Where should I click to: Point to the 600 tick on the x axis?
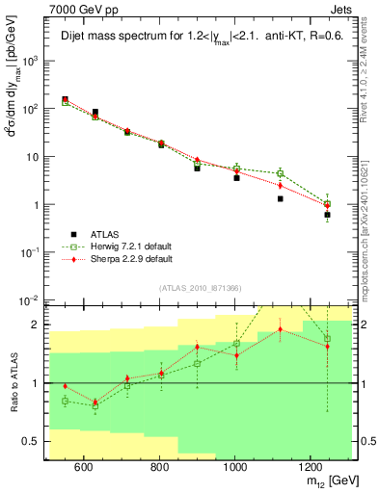pos(84,467)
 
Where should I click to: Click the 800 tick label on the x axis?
pos(159,467)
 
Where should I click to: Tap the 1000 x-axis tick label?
pos(234,467)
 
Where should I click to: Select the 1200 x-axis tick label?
pos(310,467)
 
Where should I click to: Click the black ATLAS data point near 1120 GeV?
pos(281,199)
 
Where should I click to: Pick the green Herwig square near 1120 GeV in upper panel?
pos(281,173)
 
